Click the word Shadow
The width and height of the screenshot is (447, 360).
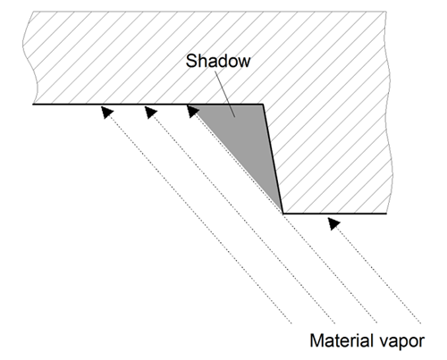click(218, 61)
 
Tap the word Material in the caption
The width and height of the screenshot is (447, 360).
click(342, 340)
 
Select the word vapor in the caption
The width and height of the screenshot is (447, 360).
click(401, 342)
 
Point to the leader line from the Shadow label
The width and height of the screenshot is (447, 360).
click(224, 94)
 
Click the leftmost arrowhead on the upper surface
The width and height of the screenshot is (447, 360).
click(107, 113)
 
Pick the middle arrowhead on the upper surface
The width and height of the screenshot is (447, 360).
click(151, 113)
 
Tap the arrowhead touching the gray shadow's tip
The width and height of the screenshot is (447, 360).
click(193, 112)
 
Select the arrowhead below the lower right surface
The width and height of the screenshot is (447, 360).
click(333, 223)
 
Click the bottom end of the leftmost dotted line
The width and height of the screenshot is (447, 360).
click(291, 322)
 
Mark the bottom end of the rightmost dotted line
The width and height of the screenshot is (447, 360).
click(420, 322)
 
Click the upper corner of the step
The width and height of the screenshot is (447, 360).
click(263, 105)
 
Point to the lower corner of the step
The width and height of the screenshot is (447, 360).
click(283, 213)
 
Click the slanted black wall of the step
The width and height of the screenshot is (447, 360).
click(273, 159)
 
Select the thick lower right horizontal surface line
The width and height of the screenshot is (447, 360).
click(334, 213)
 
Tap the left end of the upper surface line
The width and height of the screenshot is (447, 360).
click(33, 105)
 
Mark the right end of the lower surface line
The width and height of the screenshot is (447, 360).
click(386, 213)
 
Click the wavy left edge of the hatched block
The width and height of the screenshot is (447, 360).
click(30, 58)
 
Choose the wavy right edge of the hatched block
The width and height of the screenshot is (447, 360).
click(388, 113)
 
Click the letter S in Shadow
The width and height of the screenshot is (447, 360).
click(190, 61)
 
